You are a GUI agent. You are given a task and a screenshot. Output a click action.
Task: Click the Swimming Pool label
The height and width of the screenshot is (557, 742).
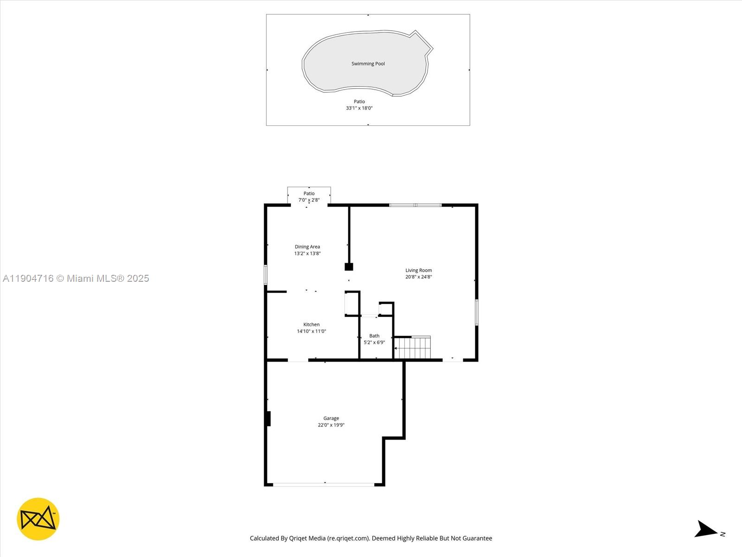click(368, 64)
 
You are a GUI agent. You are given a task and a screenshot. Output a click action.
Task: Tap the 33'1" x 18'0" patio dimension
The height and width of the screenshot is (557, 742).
click(359, 108)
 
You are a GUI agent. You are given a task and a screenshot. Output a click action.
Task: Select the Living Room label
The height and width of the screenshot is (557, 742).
click(418, 270)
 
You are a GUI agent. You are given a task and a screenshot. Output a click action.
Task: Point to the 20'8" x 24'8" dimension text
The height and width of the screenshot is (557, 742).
click(418, 277)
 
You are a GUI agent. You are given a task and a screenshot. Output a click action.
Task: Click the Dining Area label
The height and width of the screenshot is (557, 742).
click(307, 247)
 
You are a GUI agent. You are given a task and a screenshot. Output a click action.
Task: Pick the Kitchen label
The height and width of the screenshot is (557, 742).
click(311, 324)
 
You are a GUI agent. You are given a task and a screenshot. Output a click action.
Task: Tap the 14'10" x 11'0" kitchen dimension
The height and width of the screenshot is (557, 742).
click(311, 331)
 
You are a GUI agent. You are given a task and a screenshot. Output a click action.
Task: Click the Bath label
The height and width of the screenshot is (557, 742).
click(374, 336)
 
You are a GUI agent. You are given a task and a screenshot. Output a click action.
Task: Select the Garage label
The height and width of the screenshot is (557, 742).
click(331, 418)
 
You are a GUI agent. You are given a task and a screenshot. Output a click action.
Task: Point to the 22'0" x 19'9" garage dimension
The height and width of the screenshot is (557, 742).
click(331, 425)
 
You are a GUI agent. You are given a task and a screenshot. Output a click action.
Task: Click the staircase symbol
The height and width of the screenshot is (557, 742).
click(412, 348)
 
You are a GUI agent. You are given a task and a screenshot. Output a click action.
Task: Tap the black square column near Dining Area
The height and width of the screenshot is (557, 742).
click(349, 267)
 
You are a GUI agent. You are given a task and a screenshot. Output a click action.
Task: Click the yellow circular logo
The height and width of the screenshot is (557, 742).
click(38, 519)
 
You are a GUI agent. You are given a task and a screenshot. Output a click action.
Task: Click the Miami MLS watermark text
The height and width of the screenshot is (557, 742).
click(76, 278)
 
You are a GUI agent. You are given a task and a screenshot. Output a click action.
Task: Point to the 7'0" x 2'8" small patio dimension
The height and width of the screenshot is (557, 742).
click(309, 200)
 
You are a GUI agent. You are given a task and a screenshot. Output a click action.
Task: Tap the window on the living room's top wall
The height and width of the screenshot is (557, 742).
click(415, 205)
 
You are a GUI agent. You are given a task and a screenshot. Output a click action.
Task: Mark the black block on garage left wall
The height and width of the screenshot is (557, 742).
click(268, 418)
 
